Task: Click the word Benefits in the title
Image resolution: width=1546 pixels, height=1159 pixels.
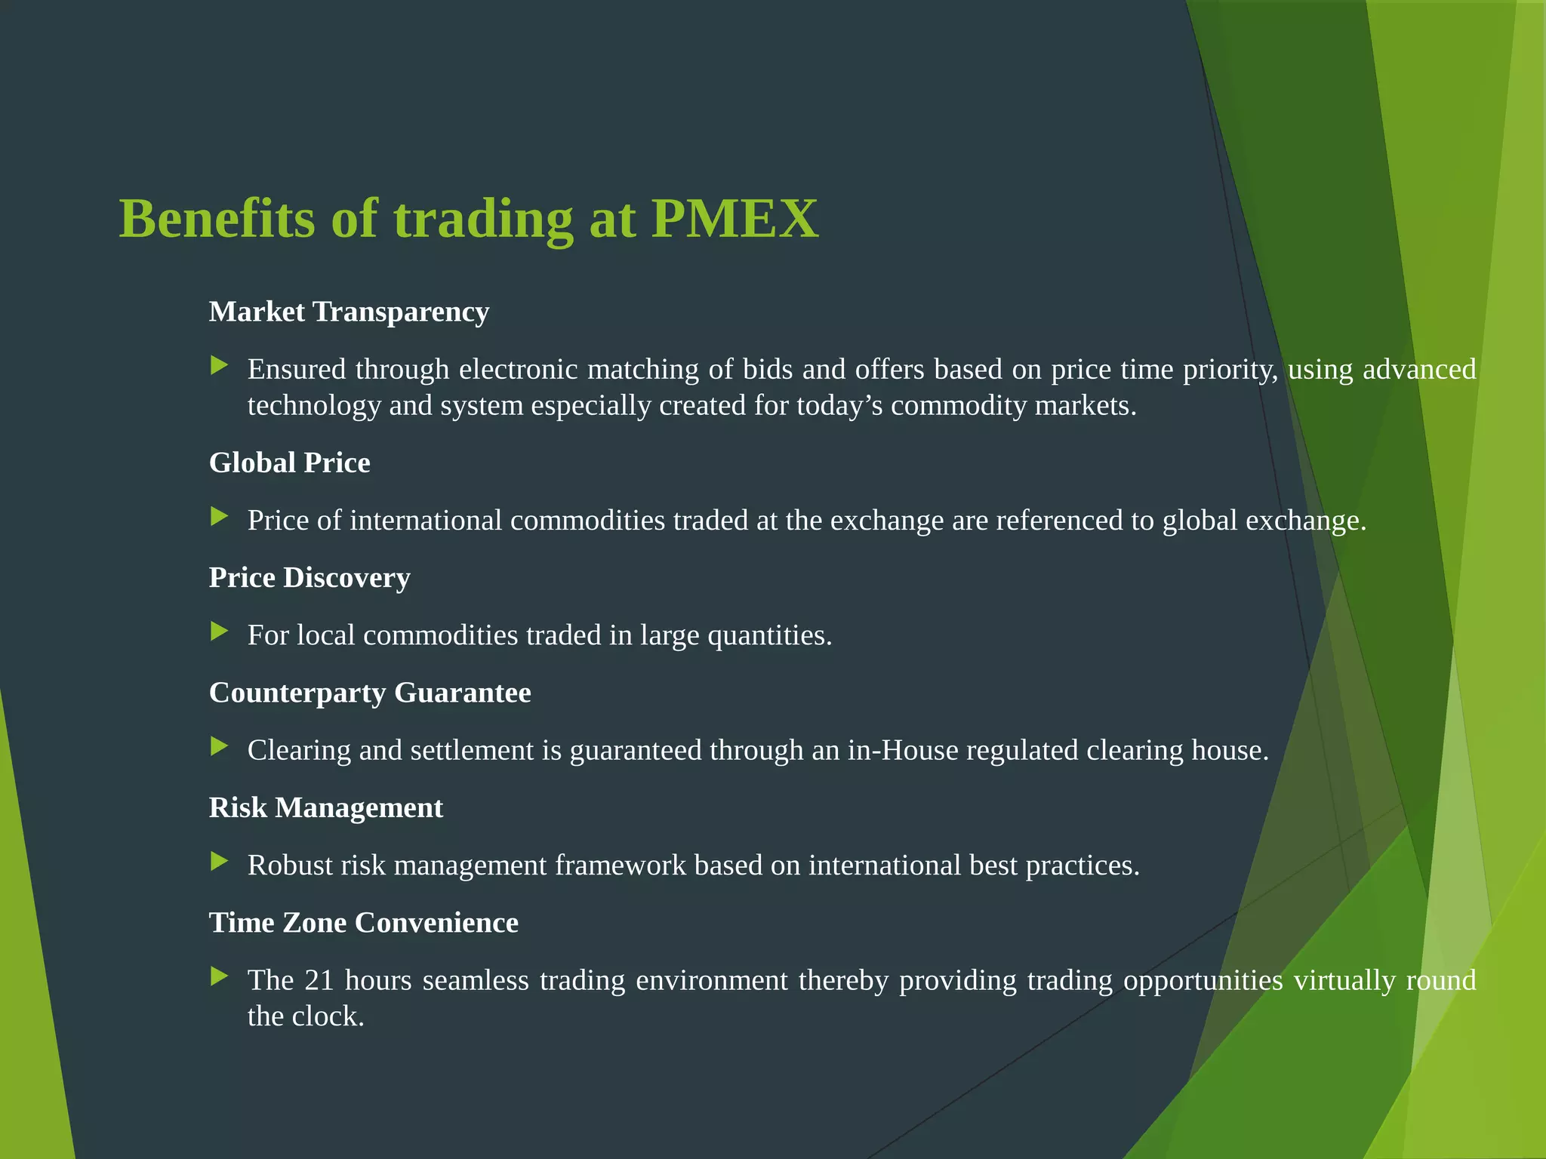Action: (x=217, y=219)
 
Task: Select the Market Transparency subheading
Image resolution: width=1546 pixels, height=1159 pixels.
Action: (x=349, y=312)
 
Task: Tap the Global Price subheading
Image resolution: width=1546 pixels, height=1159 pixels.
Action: (x=289, y=463)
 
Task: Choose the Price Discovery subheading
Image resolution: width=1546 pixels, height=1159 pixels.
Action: (x=310, y=577)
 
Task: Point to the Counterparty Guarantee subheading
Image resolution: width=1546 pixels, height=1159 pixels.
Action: (x=370, y=693)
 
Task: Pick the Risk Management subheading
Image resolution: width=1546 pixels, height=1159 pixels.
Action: (x=325, y=807)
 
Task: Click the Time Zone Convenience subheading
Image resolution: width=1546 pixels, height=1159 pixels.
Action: (x=363, y=922)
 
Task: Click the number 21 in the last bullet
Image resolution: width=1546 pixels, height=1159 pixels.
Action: (x=319, y=980)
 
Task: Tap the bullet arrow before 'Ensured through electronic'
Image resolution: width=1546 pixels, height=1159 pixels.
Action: (x=219, y=366)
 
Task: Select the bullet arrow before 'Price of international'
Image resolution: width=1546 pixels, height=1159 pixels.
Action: (x=219, y=517)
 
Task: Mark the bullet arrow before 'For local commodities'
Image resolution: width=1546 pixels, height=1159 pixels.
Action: (x=219, y=632)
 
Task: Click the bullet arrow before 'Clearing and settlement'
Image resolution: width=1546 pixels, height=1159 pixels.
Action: (x=219, y=747)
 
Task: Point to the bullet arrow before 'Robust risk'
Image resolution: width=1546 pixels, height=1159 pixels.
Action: (x=219, y=862)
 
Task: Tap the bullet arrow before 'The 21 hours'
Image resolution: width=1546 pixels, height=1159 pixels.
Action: (x=219, y=976)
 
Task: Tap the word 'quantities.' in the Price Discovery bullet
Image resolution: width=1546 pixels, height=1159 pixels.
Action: (x=770, y=635)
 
